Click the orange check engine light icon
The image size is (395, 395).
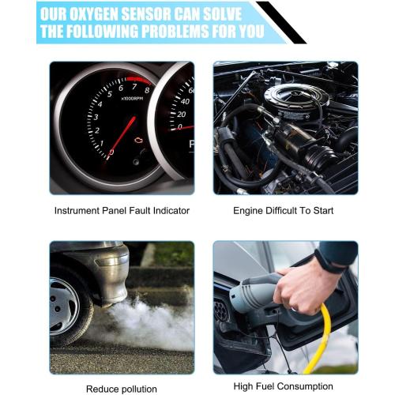coord(138,140)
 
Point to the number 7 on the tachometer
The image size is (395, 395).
coord(134,86)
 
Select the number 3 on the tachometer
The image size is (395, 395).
coord(96,117)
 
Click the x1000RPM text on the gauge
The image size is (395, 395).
coord(132,99)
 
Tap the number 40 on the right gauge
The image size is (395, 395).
coord(185,101)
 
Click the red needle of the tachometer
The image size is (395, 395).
coord(122,138)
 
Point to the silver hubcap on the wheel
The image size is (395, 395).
coord(63,307)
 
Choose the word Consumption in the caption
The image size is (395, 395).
coord(305,386)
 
